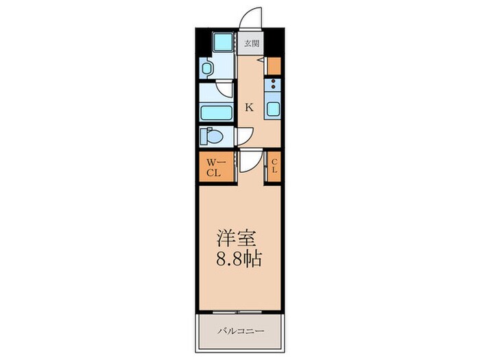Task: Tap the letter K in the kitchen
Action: coord(250,107)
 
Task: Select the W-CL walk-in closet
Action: coord(214,167)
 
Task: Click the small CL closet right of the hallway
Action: coord(274,167)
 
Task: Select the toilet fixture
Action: coord(212,136)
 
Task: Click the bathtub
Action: coord(215,113)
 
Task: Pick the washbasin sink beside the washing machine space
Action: coord(207,69)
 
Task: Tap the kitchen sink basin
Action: coord(273,108)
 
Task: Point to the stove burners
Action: coord(273,86)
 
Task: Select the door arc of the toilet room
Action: coord(245,136)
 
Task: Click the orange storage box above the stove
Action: coord(274,67)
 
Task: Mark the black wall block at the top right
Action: coord(274,40)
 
